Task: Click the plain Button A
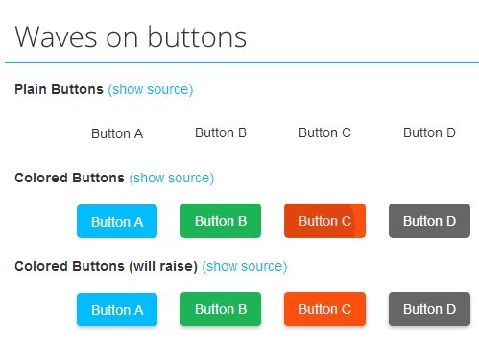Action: pyautogui.click(x=117, y=133)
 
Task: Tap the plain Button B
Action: pyautogui.click(x=221, y=132)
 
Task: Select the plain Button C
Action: pyautogui.click(x=324, y=132)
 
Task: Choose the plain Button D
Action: pyautogui.click(x=429, y=132)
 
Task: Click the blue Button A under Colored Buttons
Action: pyautogui.click(x=117, y=221)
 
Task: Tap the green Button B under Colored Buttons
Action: pyautogui.click(x=221, y=221)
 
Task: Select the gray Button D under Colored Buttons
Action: pyautogui.click(x=429, y=221)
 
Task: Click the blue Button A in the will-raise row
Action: pyautogui.click(x=117, y=309)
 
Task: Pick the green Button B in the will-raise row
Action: pyautogui.click(x=221, y=309)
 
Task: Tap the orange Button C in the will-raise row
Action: pyautogui.click(x=324, y=309)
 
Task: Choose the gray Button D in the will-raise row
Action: pyautogui.click(x=429, y=309)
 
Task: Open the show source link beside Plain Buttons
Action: pyautogui.click(x=151, y=89)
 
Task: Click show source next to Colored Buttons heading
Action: pyautogui.click(x=172, y=178)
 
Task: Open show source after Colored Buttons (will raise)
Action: pyautogui.click(x=245, y=266)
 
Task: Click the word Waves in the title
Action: pyautogui.click(x=54, y=37)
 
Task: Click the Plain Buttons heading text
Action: pyautogui.click(x=59, y=89)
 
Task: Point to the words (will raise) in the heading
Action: pyautogui.click(x=162, y=266)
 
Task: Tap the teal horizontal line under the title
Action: pyautogui.click(x=240, y=62)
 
